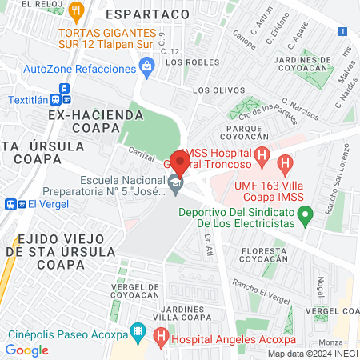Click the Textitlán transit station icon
pos(56,100)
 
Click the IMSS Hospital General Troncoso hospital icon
pos(261,154)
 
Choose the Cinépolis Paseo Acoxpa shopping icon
pos(138,330)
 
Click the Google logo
pos(26,350)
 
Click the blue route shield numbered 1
pos(342,31)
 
